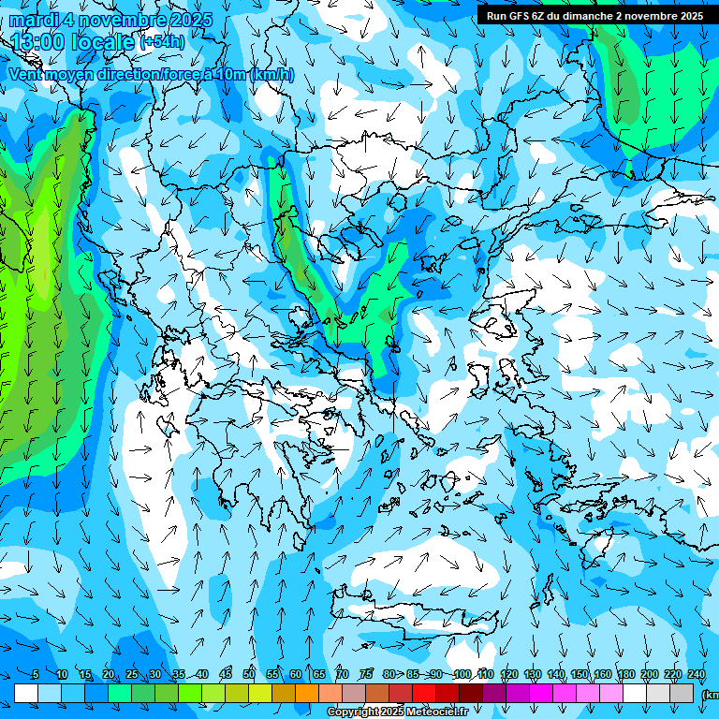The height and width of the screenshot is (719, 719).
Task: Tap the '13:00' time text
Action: [37, 42]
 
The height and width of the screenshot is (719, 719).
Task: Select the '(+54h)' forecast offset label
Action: [161, 42]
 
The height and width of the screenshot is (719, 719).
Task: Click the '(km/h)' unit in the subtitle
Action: [271, 75]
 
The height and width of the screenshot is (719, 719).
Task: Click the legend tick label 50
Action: [249, 675]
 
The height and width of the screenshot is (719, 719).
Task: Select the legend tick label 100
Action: [462, 675]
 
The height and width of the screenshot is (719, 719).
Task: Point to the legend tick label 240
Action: [697, 675]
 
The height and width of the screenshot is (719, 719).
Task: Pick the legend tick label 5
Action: [36, 675]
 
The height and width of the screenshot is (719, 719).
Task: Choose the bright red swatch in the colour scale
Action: [424, 693]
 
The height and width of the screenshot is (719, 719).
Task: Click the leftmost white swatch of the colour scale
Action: [26, 693]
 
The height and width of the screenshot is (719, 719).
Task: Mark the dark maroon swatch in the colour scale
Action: [471, 693]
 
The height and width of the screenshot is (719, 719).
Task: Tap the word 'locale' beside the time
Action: [106, 42]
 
